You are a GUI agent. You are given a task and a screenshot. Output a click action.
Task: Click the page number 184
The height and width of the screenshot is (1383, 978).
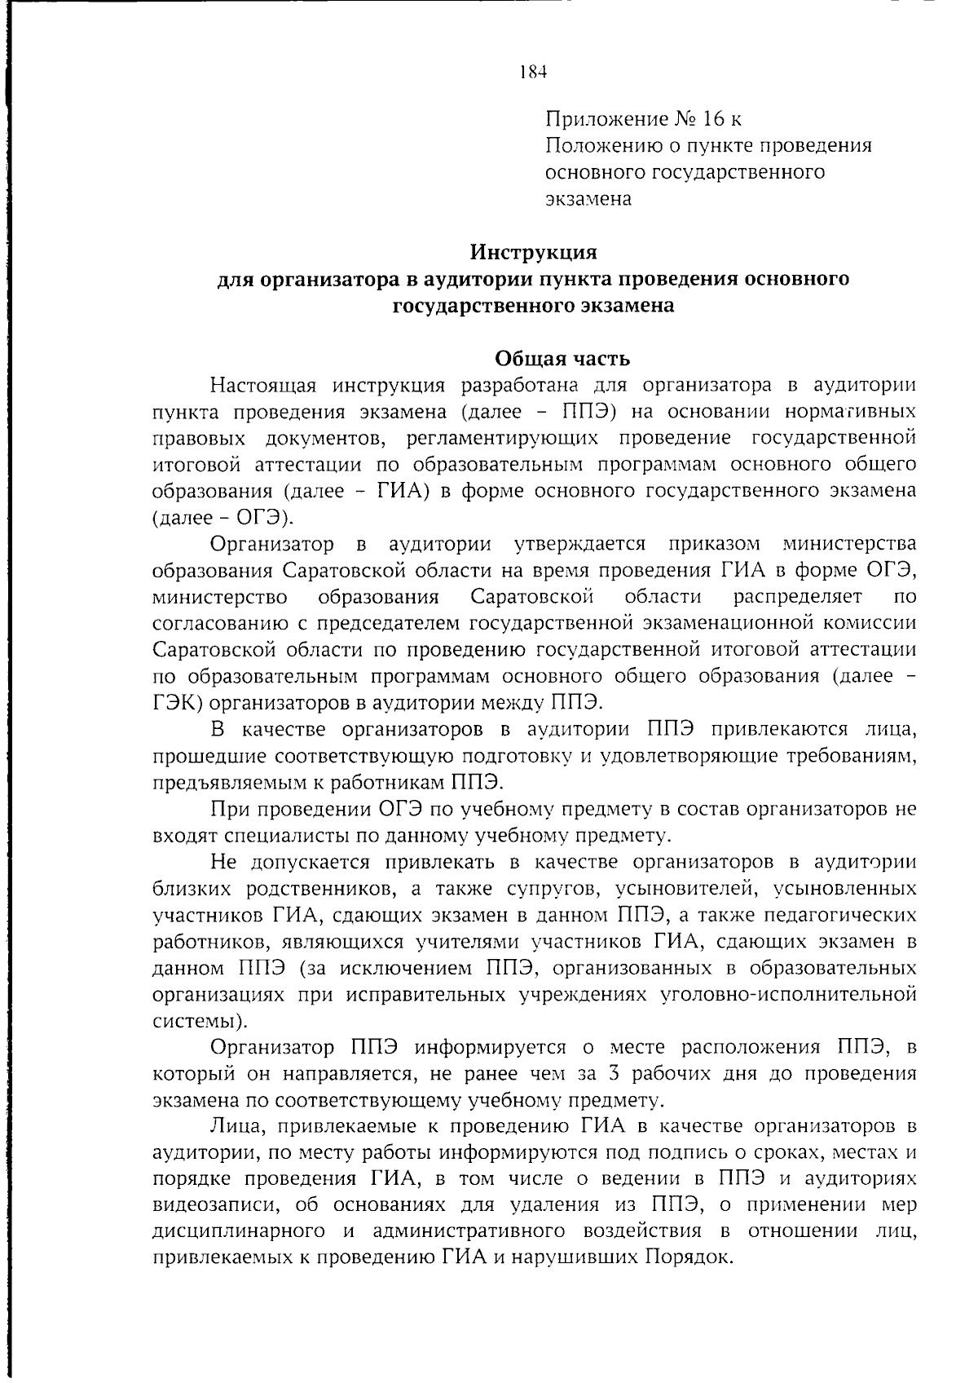pos(531,72)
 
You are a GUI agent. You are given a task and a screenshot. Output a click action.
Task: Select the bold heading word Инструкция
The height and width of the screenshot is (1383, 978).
pos(534,251)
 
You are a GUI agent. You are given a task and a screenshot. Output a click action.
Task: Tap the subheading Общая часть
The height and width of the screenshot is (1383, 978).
pos(562,359)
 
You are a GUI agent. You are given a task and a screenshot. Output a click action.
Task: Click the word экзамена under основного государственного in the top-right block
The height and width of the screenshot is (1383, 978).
pos(588,199)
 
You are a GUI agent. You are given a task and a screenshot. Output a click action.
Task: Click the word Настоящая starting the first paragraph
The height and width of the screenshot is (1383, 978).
pos(256,385)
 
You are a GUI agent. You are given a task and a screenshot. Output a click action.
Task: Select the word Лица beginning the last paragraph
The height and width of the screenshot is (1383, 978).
pos(235,1127)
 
